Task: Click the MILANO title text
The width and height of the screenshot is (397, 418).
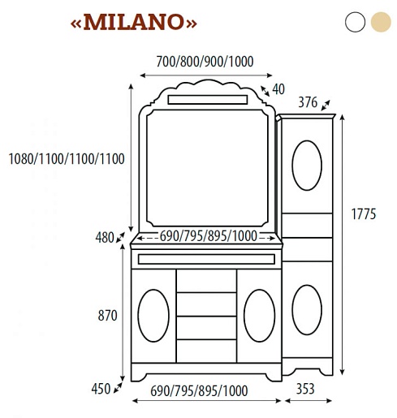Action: [x=133, y=22]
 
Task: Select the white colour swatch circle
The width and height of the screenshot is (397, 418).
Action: [x=355, y=22]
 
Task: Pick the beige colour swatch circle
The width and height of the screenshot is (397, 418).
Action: [x=381, y=22]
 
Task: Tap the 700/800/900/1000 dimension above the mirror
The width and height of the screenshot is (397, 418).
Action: [x=205, y=62]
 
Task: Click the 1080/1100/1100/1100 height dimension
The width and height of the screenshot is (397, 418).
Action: [x=67, y=159]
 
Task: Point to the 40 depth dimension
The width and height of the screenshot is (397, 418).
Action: [x=278, y=89]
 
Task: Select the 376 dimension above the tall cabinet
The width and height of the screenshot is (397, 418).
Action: [x=308, y=102]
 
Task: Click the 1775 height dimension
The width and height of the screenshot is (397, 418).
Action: [x=364, y=214]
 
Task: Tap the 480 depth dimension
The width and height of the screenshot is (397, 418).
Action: [x=105, y=238]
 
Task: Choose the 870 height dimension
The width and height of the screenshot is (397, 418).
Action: [x=107, y=316]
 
